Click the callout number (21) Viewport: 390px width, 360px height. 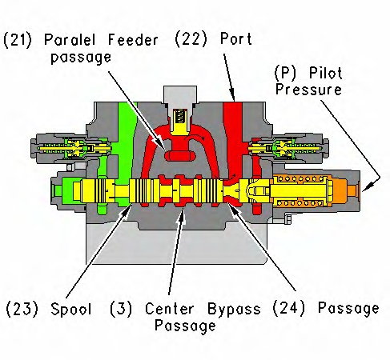click(18, 40)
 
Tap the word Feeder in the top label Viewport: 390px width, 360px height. click(133, 40)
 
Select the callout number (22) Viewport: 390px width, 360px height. click(191, 39)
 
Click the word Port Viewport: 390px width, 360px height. click(235, 39)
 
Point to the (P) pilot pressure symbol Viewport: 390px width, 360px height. click(285, 73)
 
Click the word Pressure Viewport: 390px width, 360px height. click(308, 90)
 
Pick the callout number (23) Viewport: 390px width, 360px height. click(22, 309)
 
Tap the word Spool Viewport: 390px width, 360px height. click(71, 310)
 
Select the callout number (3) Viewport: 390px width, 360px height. click(121, 309)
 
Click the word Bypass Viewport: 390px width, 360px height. click(234, 310)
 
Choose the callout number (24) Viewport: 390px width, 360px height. click(288, 308)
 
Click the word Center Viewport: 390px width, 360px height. click(169, 309)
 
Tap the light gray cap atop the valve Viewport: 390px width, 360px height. click(180, 95)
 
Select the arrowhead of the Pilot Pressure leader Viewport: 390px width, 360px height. click(366, 188)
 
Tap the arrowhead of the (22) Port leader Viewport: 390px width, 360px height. click(232, 97)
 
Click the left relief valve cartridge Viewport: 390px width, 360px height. click(71, 148)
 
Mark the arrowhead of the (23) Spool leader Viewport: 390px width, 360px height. click(127, 210)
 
